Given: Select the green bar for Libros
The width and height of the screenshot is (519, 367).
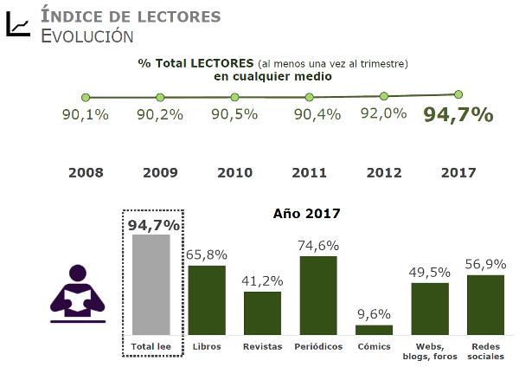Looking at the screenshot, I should (207, 299).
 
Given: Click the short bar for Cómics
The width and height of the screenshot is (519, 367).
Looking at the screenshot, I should (374, 330).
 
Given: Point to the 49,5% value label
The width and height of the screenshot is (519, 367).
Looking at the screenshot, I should (430, 272).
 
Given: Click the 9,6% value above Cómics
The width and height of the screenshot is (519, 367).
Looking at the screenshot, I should (374, 314).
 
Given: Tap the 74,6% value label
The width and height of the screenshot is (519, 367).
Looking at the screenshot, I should (318, 245).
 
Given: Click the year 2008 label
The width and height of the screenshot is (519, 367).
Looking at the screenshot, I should (86, 172).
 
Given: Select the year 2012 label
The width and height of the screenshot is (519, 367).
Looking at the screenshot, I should (384, 172).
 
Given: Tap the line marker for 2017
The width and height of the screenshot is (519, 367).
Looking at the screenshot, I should (458, 93).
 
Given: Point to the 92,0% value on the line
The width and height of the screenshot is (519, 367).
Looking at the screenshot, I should (384, 113).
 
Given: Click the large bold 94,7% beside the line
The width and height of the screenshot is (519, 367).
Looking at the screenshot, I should (458, 115).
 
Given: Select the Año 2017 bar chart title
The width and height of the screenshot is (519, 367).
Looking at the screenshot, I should (306, 213).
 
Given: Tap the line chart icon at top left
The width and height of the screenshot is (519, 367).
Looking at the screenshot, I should (17, 26).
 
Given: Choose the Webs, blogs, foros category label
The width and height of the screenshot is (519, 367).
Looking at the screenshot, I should (430, 351).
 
